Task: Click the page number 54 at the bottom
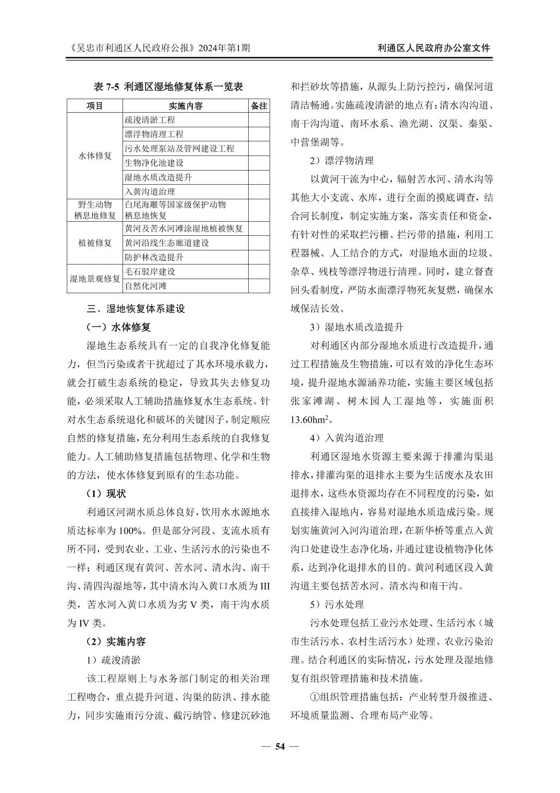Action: [x=280, y=747]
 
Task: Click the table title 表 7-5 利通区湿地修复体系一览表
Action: [x=168, y=87]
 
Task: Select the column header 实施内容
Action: [x=186, y=106]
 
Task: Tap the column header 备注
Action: [x=259, y=106]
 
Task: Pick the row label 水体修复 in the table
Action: [x=95, y=155]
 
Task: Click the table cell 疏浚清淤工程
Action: [x=150, y=120]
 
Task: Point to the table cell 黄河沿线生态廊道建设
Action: [x=166, y=243]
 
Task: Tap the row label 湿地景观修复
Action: [x=95, y=279]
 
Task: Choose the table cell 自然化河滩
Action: [x=145, y=286]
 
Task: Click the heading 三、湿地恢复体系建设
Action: [x=136, y=309]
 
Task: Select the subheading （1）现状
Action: [x=106, y=494]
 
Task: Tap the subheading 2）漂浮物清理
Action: [x=342, y=161]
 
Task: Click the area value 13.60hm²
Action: [x=311, y=419]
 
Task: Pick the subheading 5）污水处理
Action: [x=337, y=604]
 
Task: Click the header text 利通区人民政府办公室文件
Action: [x=434, y=48]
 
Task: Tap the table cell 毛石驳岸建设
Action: [x=150, y=272]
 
